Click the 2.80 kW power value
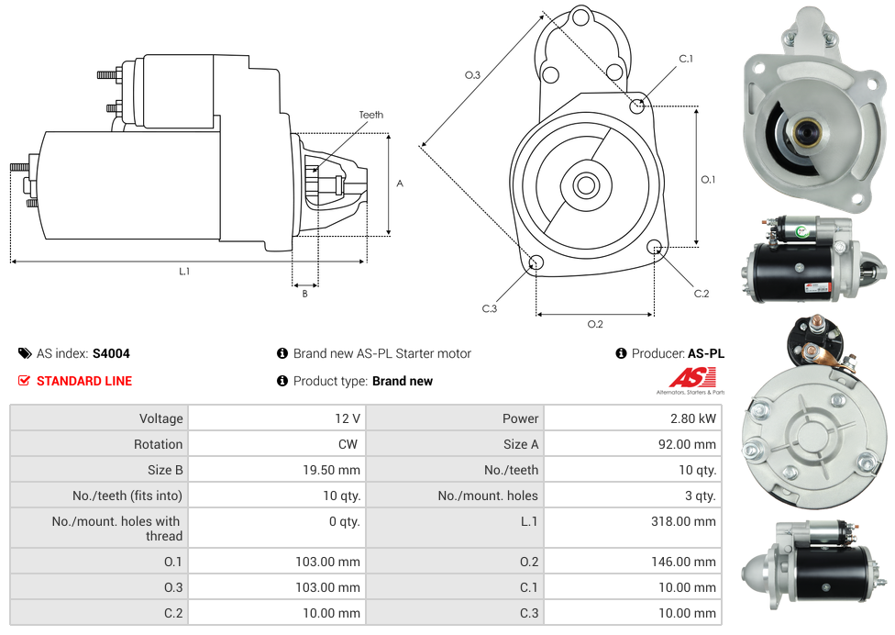coord(693,418)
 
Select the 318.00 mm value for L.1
coord(683,521)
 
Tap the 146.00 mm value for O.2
coord(683,562)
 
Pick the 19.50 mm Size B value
coord(331,470)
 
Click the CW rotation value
coord(348,444)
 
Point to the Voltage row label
coord(161,418)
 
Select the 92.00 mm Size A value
coord(687,444)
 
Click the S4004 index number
coord(111,353)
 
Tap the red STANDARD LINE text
coord(84,381)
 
